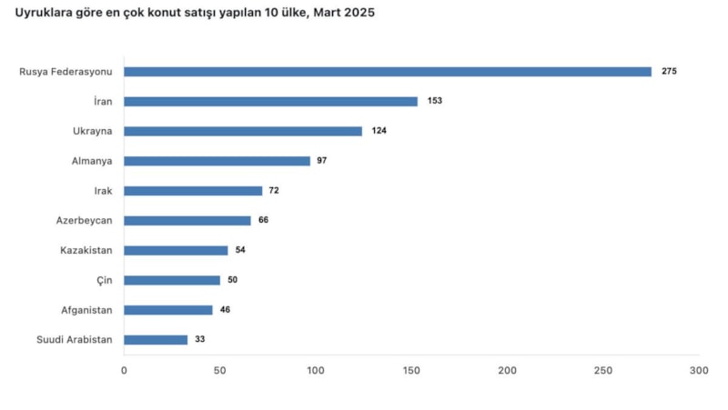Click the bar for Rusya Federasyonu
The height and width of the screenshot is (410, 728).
[x=388, y=72]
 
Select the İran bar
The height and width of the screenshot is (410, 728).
[x=270, y=102]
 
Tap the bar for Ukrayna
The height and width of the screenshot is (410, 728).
[x=243, y=131]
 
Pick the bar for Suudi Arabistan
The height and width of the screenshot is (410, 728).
[x=156, y=340]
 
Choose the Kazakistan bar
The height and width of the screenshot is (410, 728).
[x=176, y=250]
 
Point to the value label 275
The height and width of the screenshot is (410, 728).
[x=670, y=72]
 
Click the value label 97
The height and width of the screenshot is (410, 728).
[x=321, y=161]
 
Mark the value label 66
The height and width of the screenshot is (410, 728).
[x=263, y=220]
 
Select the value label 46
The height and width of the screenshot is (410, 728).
[x=225, y=310]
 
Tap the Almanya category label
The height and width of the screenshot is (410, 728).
[x=92, y=161]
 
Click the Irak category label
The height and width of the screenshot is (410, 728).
[x=103, y=191]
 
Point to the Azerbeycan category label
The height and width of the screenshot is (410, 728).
[x=85, y=220]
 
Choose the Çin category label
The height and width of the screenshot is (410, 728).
[x=105, y=280]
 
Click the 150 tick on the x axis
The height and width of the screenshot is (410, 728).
[x=411, y=371]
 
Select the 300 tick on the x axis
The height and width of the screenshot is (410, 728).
[x=698, y=371]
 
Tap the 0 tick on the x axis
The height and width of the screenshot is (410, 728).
[x=125, y=371]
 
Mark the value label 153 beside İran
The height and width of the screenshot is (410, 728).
[x=434, y=102]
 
